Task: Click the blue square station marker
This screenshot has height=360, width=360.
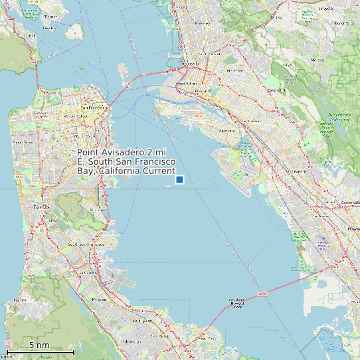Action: pos(179,179)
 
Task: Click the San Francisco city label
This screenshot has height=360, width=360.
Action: pos(94,107)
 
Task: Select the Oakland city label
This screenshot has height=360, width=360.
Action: pos(204,90)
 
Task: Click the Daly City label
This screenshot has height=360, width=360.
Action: pos(42,207)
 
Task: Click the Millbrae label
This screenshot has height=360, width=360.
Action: pos(99,299)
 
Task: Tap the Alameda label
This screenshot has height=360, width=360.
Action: pos(228,131)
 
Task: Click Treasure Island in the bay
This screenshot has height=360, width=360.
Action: pos(125,69)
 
